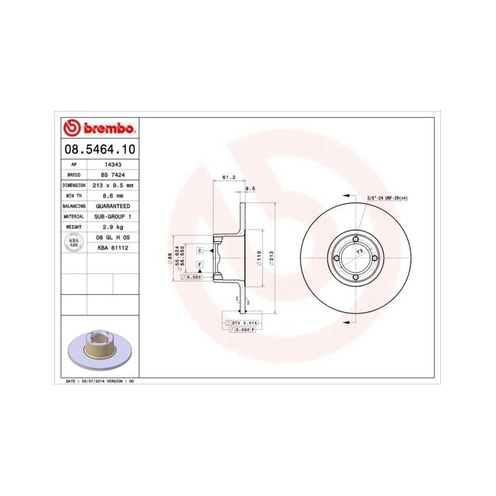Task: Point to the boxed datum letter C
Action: pyautogui.click(x=199, y=251)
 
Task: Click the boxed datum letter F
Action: pyautogui.click(x=199, y=265)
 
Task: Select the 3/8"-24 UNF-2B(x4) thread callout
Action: pyautogui.click(x=387, y=198)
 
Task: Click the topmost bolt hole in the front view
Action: pyautogui.click(x=355, y=240)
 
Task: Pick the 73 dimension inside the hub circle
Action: pyautogui.click(x=359, y=253)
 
